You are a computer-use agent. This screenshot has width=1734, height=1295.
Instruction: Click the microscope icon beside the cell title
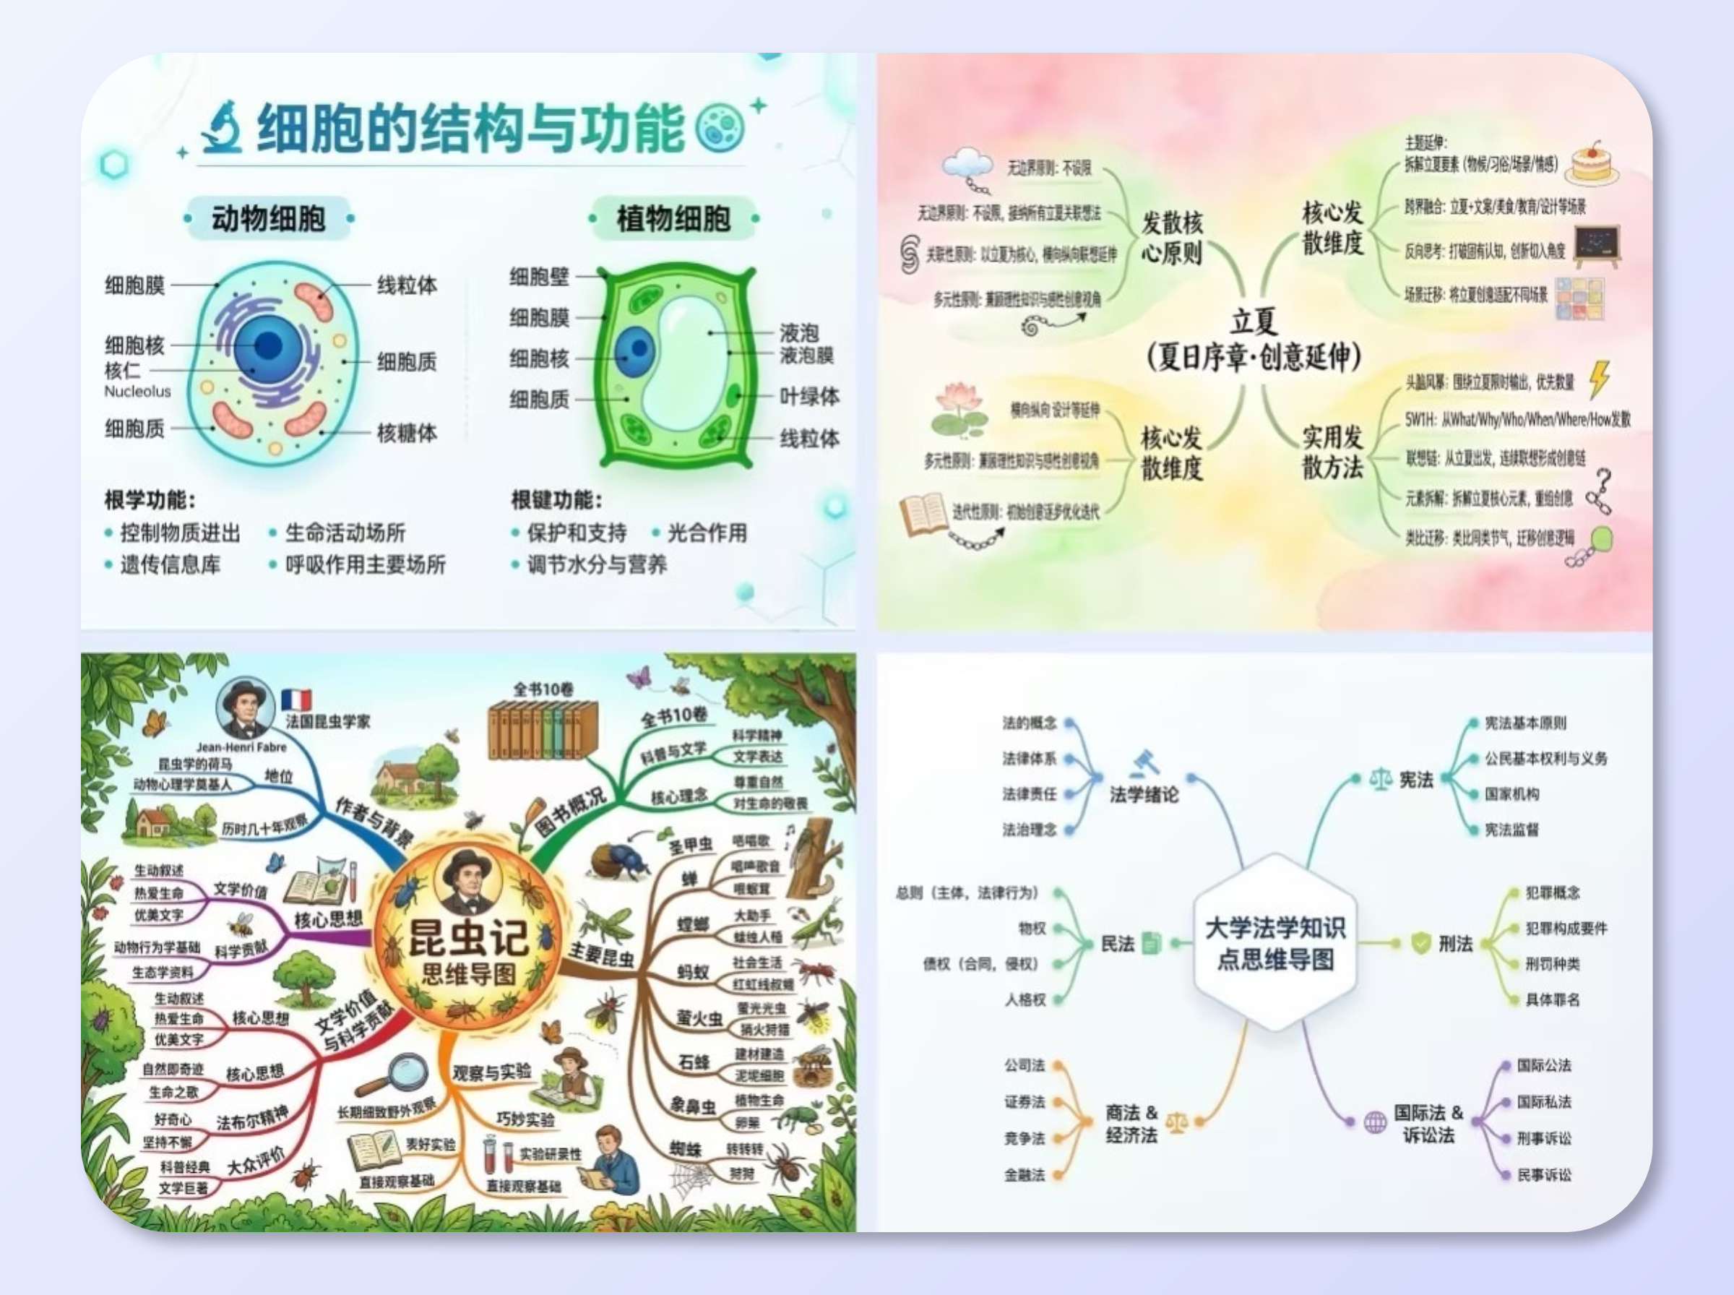coord(223,127)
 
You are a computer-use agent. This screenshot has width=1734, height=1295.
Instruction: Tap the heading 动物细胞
coord(268,218)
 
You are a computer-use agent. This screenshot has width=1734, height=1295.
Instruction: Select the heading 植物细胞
coord(673,218)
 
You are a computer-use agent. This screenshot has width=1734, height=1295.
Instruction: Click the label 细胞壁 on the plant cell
coord(539,276)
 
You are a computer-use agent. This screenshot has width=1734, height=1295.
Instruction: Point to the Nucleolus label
coord(137,391)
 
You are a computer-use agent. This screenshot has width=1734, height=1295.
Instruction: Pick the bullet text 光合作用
coord(707,533)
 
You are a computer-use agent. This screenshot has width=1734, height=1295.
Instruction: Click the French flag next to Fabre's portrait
coord(296,700)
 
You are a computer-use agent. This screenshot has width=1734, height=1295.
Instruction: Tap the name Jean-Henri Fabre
coord(241,747)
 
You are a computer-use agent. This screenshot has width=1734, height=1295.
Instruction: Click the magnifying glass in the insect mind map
coord(396,1075)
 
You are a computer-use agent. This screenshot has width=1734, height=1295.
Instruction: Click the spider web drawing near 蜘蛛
coord(689,1176)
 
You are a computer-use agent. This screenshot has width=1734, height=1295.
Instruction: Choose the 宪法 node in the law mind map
coord(1416,779)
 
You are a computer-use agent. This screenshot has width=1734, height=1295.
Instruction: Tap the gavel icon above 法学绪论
coord(1144,762)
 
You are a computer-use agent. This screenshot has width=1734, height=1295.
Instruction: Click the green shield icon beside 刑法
coord(1420,942)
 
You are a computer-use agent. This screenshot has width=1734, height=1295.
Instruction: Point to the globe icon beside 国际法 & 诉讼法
coord(1375,1122)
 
